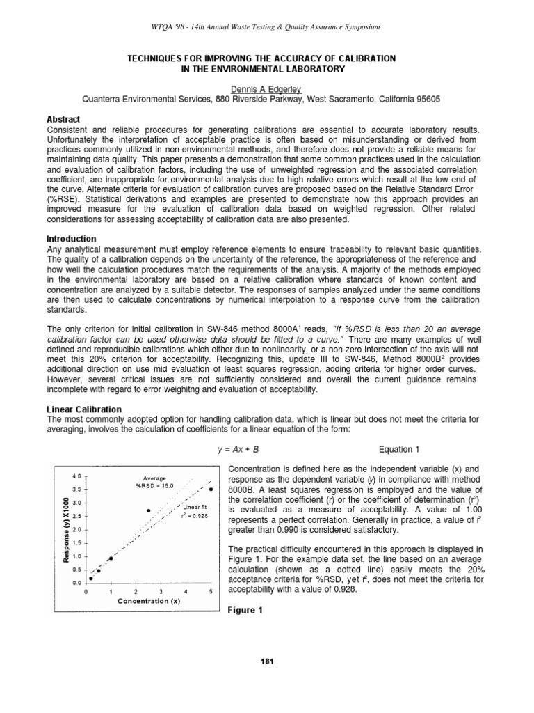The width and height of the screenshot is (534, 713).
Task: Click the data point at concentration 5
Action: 211,489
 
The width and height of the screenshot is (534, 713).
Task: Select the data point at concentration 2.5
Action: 148,510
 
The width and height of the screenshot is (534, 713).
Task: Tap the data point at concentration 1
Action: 111,558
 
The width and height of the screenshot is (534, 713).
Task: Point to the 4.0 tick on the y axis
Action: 76,476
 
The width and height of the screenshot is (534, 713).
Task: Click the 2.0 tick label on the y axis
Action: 76,530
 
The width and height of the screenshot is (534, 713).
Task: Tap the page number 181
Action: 267,661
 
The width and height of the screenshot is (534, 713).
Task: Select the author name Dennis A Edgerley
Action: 266,89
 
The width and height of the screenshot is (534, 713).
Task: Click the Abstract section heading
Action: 63,119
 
